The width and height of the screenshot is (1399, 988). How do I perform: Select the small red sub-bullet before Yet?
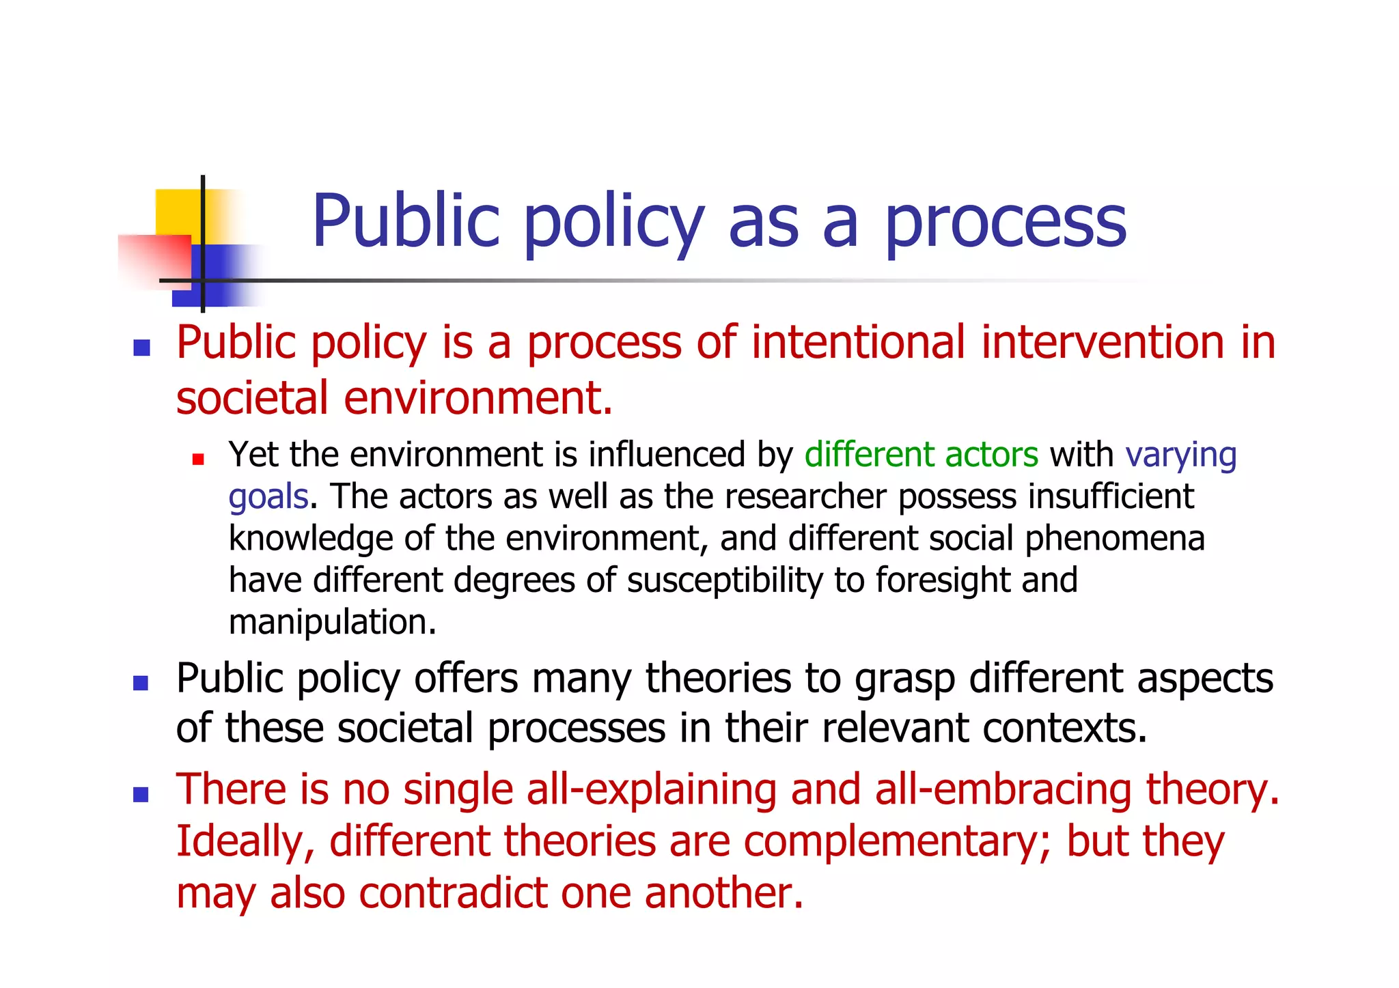[x=198, y=460]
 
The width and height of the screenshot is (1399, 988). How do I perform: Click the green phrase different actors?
[x=921, y=455]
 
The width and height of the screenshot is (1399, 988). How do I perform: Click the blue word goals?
[x=268, y=497]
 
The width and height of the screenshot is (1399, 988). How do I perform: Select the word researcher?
[x=805, y=496]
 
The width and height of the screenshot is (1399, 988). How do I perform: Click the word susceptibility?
[x=724, y=581]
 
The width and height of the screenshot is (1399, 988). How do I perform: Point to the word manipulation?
[x=331, y=622]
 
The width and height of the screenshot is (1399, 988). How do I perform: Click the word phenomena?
[x=1114, y=539]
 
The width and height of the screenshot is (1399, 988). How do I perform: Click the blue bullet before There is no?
[x=141, y=794]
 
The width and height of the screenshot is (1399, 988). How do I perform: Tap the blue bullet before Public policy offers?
[x=141, y=683]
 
